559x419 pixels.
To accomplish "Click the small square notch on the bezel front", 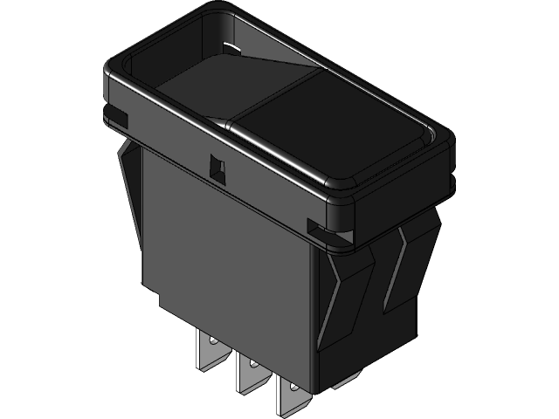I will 216,165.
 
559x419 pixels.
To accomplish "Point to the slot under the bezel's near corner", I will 316,229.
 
